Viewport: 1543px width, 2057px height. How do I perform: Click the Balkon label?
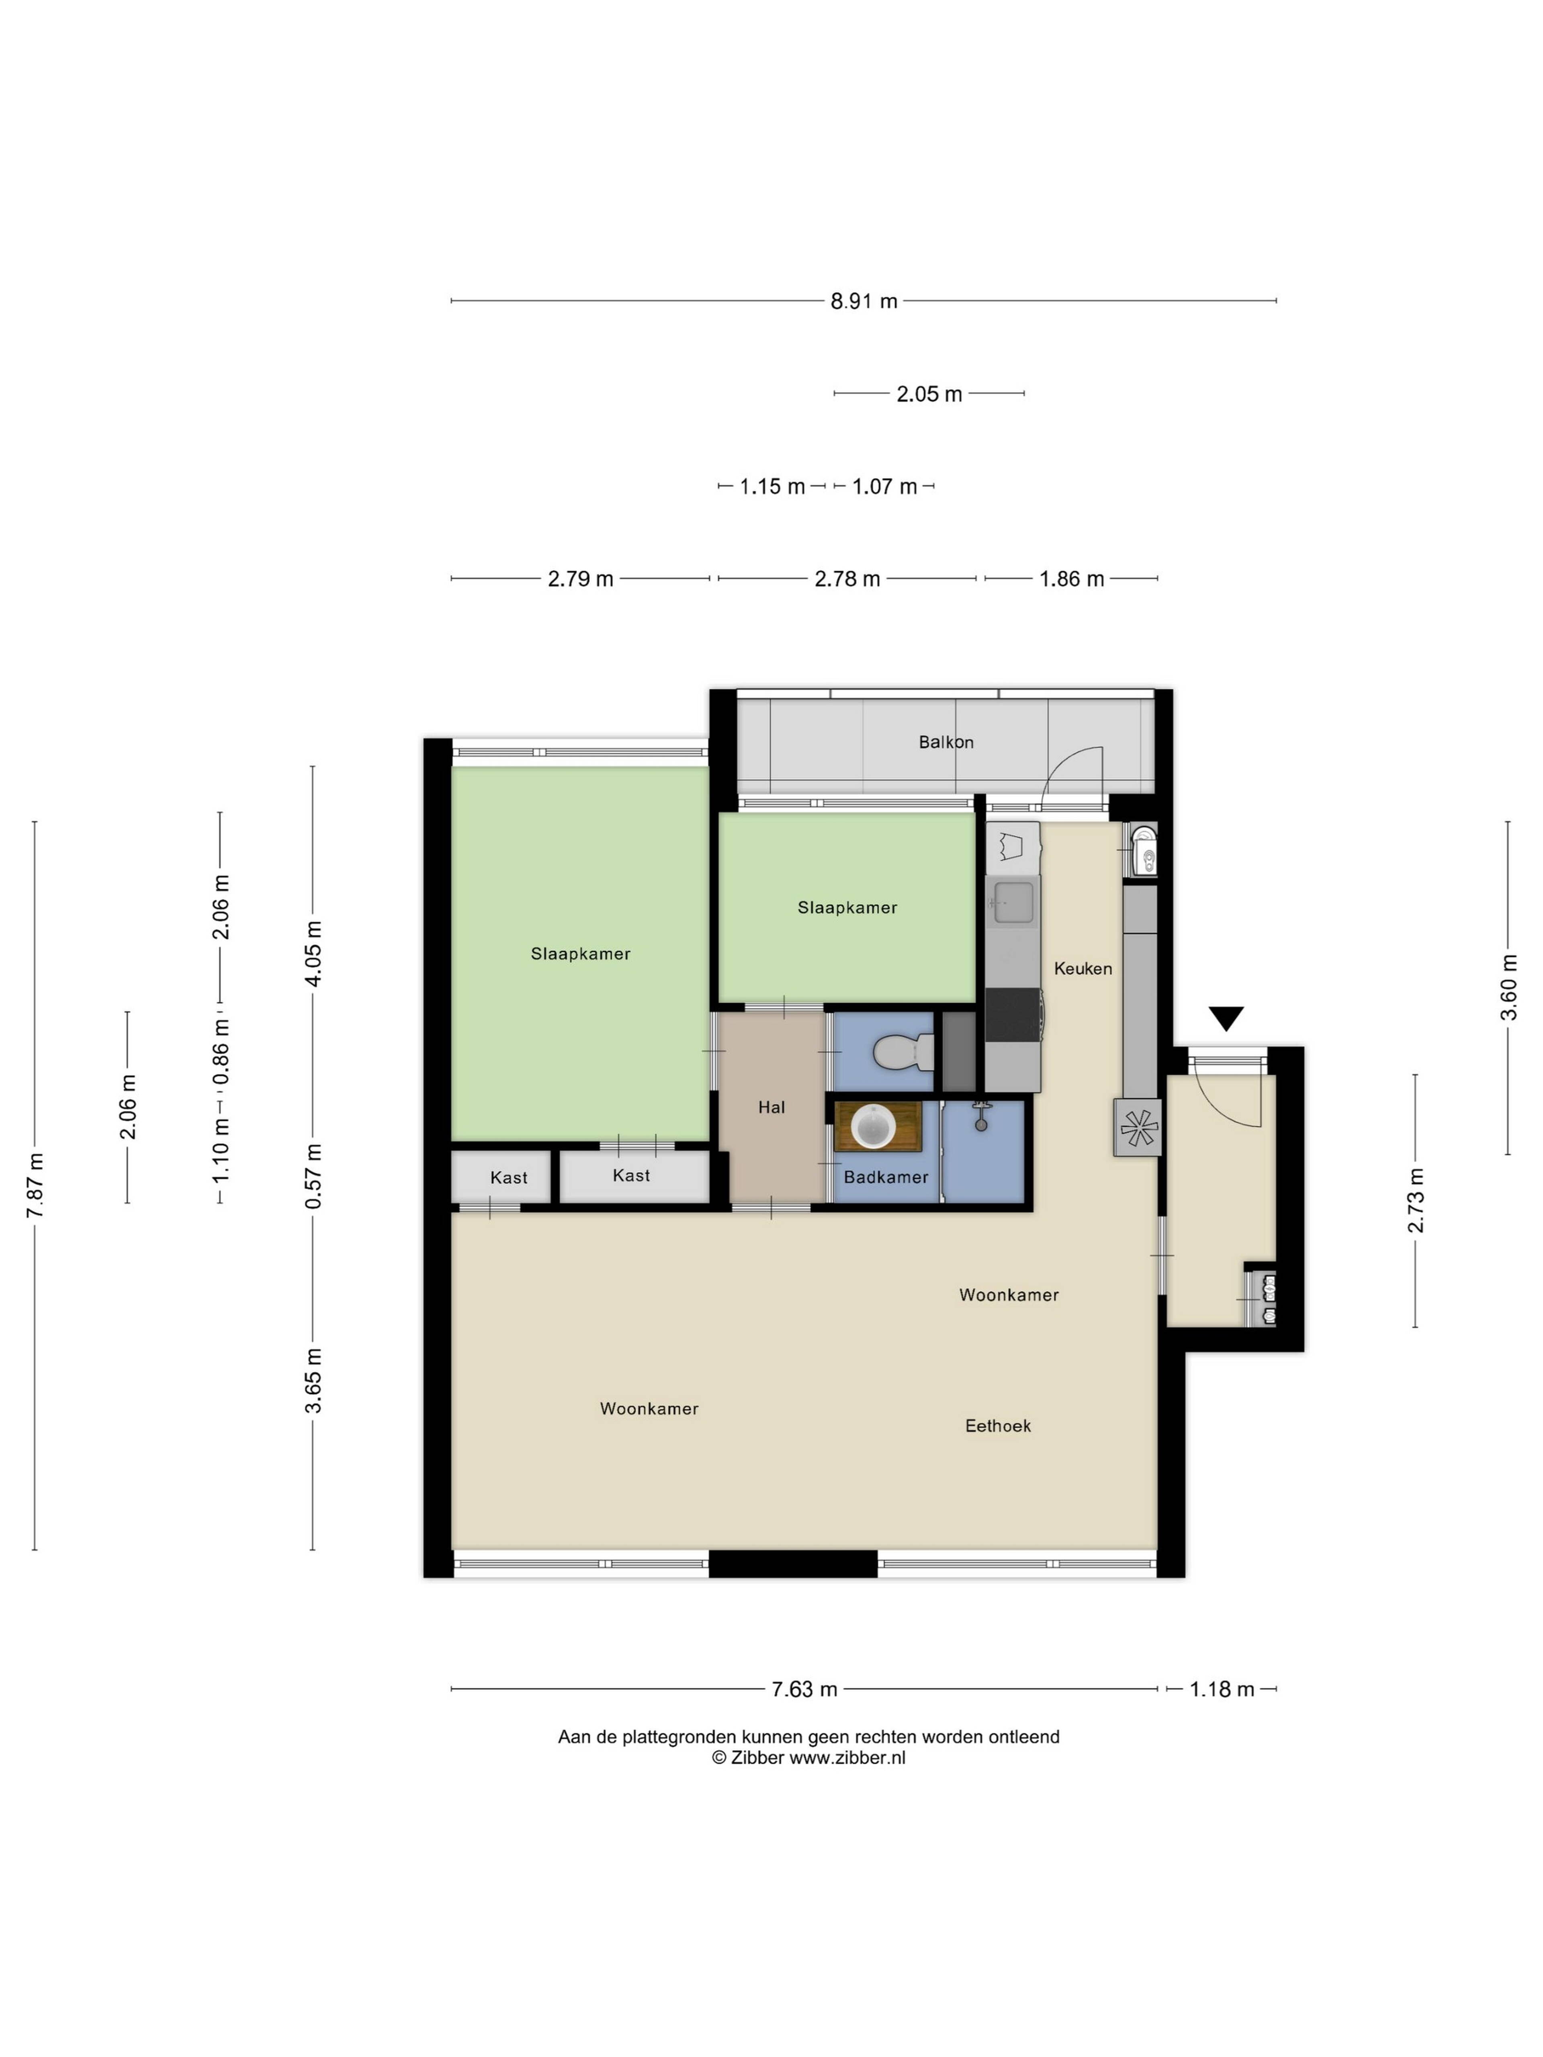945,742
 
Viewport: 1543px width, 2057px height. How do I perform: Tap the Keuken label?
1083,968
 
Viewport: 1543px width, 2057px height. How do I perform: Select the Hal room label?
771,1106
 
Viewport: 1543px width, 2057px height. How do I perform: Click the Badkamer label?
886,1177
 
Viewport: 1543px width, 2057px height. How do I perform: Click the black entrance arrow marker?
1226,1018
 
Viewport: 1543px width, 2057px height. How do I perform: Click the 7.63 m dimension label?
804,1689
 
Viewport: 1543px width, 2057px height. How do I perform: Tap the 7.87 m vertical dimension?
35,1186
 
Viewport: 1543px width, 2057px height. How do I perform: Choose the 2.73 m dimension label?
1416,1200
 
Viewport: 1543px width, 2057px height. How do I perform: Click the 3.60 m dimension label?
1508,988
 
